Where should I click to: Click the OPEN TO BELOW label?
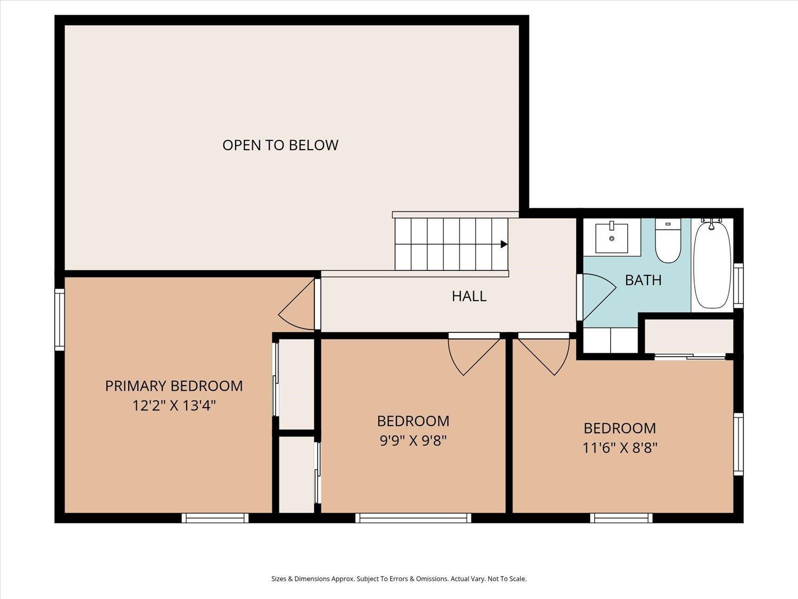(280, 145)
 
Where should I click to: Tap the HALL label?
(469, 296)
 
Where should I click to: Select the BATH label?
(643, 280)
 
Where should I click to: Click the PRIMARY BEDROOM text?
(174, 386)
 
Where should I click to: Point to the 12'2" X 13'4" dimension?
(174, 406)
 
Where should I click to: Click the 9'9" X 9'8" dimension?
(413, 441)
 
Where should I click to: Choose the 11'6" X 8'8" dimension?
(620, 448)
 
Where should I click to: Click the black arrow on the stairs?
(504, 244)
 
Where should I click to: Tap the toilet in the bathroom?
(668, 241)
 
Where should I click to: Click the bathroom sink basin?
(611, 238)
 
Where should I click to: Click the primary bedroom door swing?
(296, 305)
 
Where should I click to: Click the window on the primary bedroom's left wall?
(60, 319)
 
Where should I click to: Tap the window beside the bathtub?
(738, 285)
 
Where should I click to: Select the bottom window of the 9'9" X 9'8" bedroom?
(413, 518)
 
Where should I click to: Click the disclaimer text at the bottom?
(399, 579)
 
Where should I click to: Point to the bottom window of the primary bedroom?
(215, 518)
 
